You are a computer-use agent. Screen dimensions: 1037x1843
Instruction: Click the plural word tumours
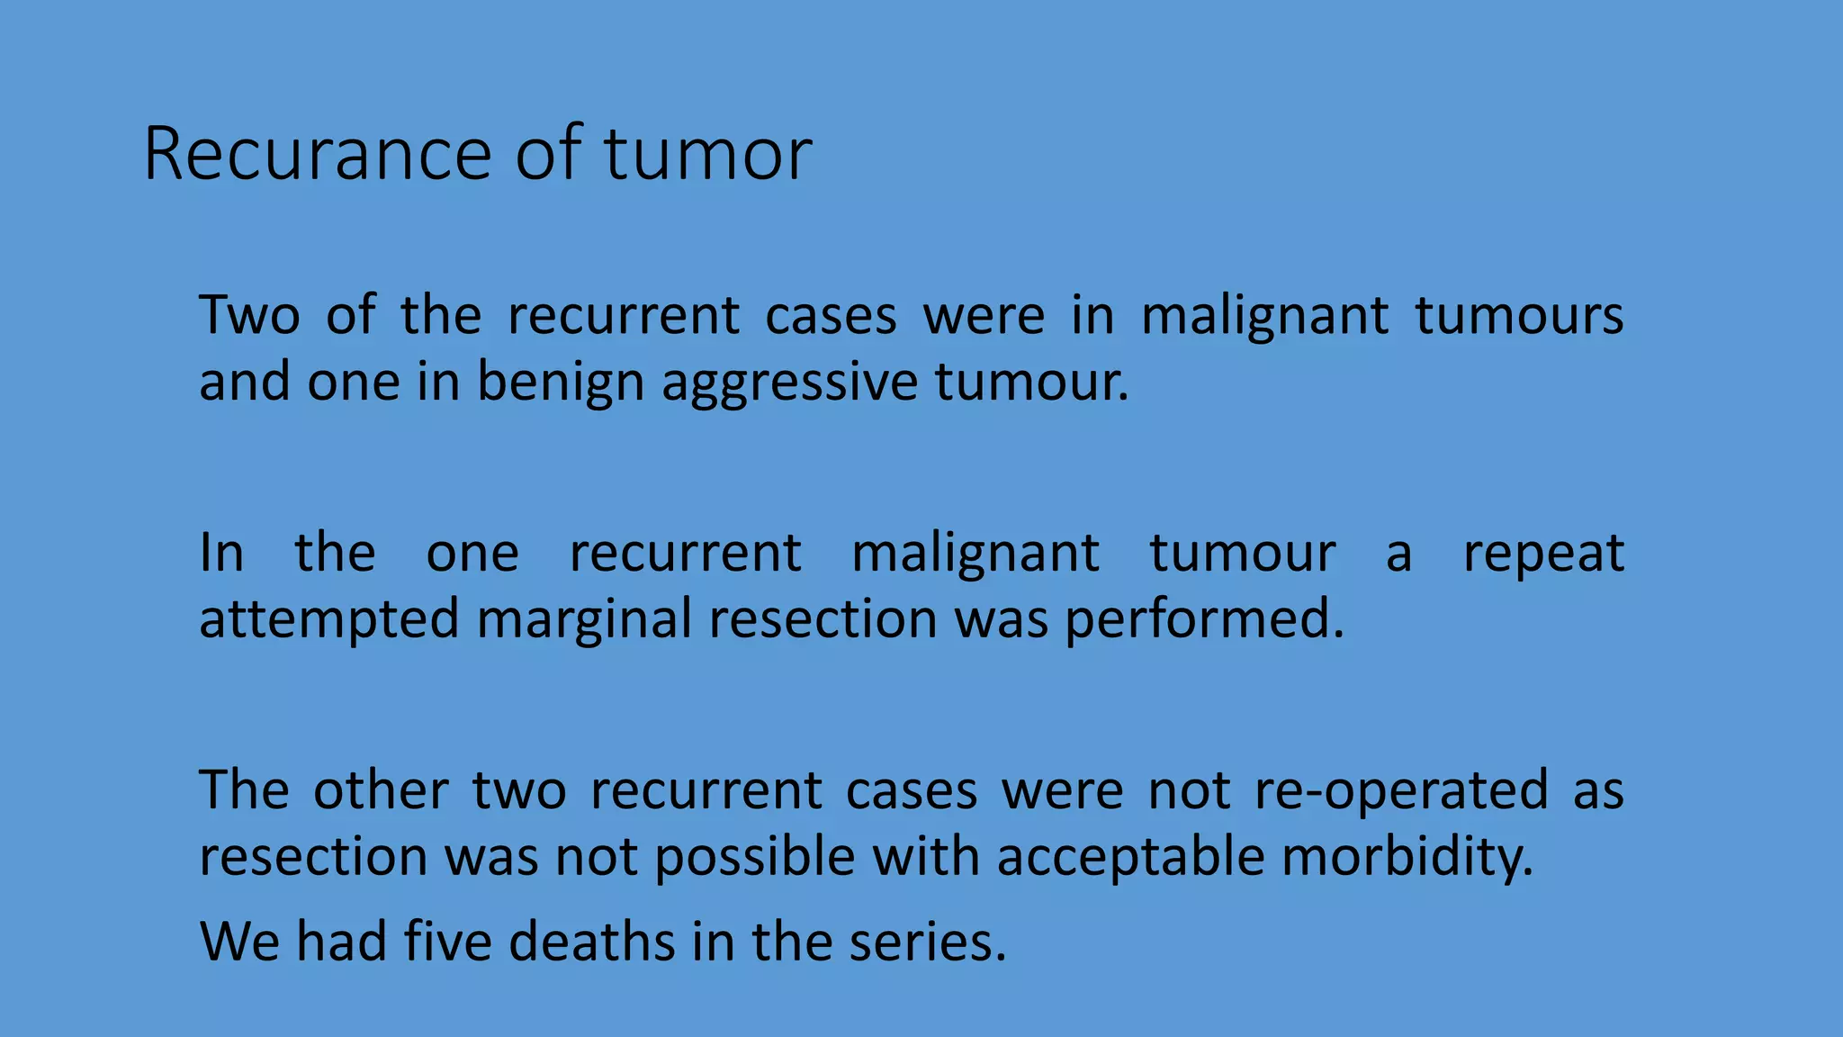pos(1519,316)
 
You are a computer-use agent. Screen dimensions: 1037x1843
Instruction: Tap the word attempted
pos(329,620)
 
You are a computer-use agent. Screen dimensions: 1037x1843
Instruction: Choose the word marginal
pos(584,620)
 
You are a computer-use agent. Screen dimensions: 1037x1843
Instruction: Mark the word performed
pos(1204,620)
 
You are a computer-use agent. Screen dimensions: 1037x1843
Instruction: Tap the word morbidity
pos(1407,856)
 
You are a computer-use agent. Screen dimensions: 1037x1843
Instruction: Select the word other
pos(380,791)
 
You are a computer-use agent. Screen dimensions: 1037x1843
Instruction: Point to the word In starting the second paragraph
pos(220,553)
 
